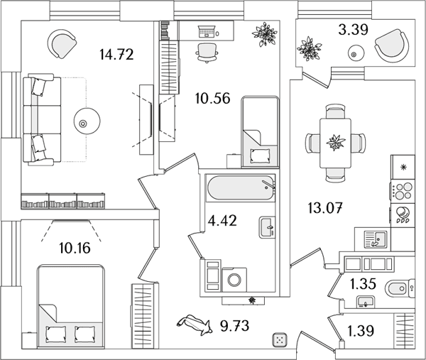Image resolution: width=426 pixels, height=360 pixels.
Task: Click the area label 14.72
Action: pos(116,55)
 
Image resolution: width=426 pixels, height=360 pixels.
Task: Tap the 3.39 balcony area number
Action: pos(353,30)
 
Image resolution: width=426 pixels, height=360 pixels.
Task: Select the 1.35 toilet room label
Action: pos(363,284)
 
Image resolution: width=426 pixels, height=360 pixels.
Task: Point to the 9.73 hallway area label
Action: pos(235,326)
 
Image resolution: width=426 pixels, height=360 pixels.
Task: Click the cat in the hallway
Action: pos(195,324)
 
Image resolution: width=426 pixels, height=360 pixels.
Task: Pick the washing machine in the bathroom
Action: pos(234,280)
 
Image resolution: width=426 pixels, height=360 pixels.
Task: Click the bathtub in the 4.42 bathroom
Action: pos(241,189)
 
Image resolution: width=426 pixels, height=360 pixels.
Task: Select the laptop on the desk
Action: pos(207,31)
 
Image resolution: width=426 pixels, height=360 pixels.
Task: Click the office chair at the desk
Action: pos(207,53)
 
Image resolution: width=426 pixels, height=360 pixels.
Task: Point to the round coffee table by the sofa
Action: pos(87,121)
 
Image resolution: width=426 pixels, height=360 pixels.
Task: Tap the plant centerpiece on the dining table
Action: pos(336,142)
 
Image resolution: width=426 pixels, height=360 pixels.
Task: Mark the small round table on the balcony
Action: pos(354,53)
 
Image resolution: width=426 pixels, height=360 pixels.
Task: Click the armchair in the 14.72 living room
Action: pos(62,43)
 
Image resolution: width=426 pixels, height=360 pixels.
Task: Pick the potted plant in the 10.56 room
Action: pos(264,34)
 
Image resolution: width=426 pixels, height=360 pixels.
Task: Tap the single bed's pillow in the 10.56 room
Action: pos(260,156)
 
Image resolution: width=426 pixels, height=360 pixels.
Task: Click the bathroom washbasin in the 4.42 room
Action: pos(267,227)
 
